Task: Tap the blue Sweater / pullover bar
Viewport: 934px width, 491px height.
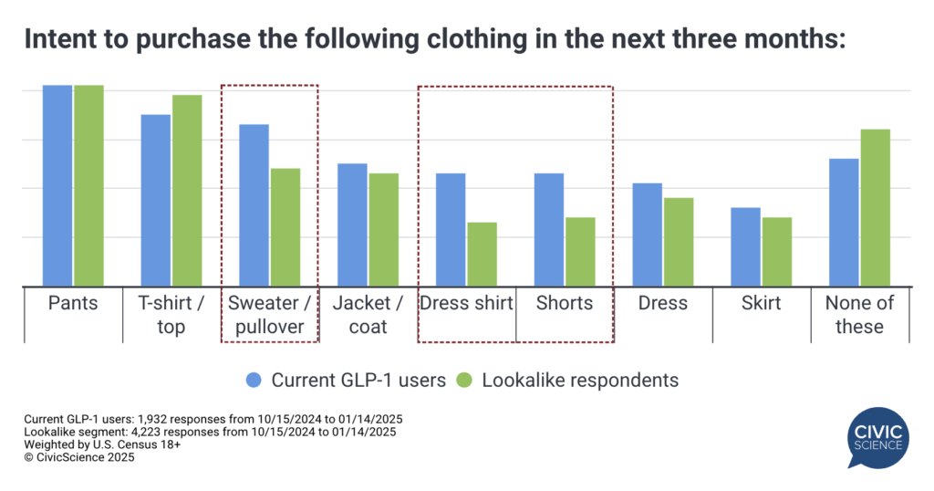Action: pos(254,204)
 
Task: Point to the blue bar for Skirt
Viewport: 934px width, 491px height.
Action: pos(745,246)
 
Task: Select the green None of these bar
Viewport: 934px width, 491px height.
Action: pos(875,207)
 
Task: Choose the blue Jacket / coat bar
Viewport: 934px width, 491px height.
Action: pos(352,225)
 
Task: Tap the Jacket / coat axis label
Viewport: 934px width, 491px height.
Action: pos(368,315)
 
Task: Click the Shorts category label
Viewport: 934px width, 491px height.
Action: pos(564,304)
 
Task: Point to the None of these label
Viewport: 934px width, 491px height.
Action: pos(859,315)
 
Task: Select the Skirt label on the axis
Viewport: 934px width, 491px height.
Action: pos(761,304)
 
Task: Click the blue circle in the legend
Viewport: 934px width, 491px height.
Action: pos(255,380)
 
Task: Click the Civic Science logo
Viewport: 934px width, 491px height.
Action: pos(878,437)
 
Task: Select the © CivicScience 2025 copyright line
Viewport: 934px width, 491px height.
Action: pos(79,458)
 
